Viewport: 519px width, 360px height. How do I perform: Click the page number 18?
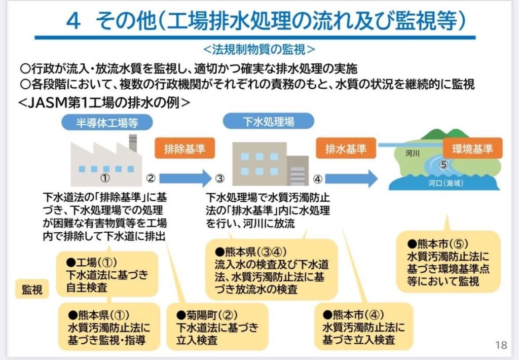(x=501, y=345)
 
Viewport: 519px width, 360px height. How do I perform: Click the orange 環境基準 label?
(x=472, y=149)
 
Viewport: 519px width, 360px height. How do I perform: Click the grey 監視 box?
(x=31, y=289)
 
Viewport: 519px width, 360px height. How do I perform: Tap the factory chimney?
(x=133, y=144)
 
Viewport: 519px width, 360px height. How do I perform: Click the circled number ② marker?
(x=151, y=178)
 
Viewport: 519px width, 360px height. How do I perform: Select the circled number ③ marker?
(x=219, y=178)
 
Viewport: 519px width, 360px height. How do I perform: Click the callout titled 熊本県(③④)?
(x=273, y=270)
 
